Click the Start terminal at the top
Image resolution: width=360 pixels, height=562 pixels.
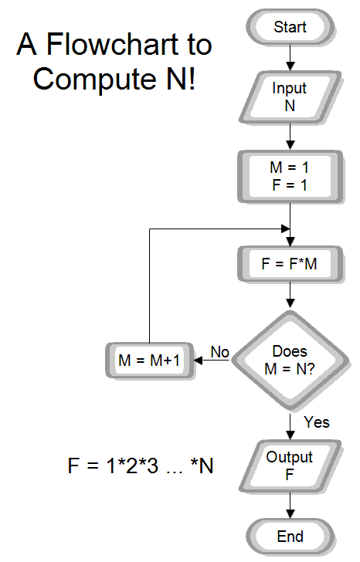290,27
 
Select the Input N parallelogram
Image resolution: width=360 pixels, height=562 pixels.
290,97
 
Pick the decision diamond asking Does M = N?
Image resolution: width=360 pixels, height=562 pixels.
290,361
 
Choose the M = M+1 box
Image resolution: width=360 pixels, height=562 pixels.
148,361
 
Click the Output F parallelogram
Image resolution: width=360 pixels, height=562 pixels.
290,466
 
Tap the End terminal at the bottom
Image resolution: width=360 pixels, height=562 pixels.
290,537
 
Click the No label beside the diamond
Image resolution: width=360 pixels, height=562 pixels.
220,352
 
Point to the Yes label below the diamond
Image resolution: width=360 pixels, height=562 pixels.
316,421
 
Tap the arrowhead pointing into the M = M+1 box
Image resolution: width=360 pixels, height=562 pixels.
199,361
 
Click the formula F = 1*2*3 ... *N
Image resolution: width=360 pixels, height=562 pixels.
141,466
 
